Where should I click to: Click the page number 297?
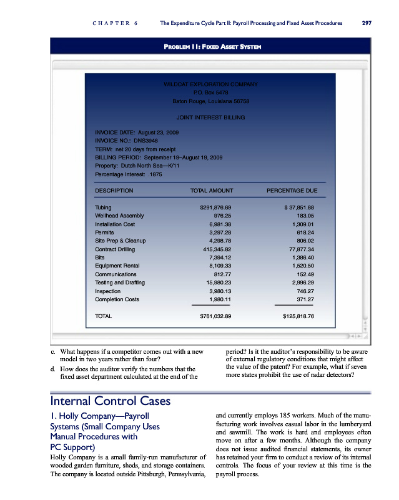click(367, 24)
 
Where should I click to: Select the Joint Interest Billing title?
click(210, 117)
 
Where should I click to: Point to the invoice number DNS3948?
click(150, 141)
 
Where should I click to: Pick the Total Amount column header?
click(211, 190)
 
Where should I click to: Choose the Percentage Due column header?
click(292, 190)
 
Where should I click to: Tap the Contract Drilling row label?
click(117, 249)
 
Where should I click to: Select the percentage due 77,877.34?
click(297, 249)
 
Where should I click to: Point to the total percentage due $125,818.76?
click(294, 316)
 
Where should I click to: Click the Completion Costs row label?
click(117, 299)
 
